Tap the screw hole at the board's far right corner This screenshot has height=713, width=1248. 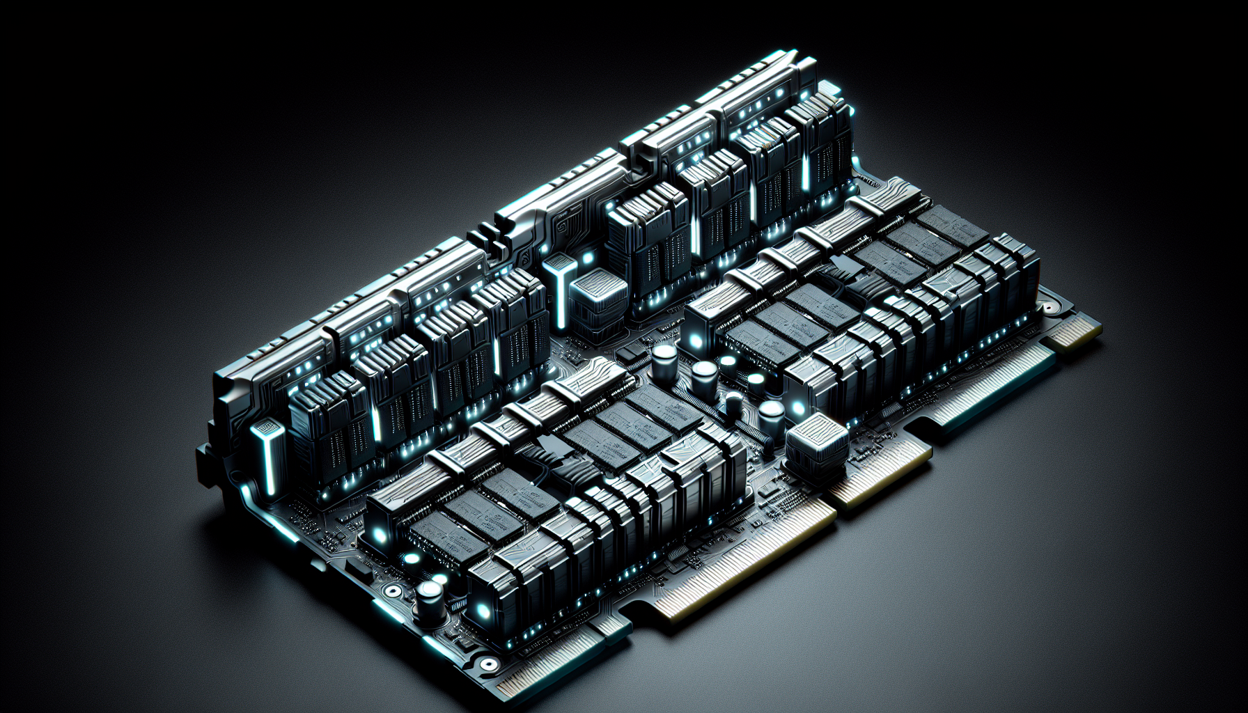click(1047, 307)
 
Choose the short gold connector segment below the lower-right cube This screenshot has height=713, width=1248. click(881, 473)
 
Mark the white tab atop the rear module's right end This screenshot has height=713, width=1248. click(829, 89)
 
